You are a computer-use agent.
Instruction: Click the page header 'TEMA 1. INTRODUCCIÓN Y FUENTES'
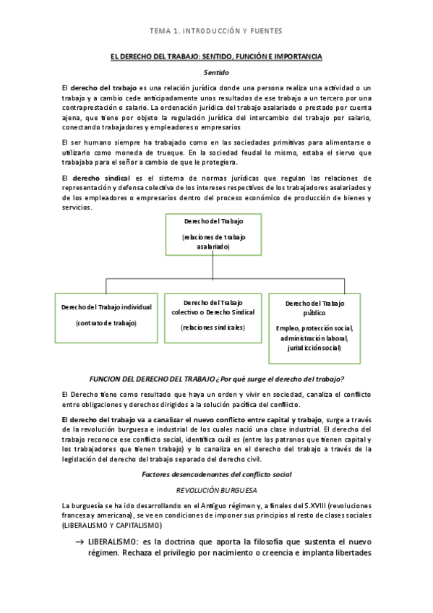(x=216, y=32)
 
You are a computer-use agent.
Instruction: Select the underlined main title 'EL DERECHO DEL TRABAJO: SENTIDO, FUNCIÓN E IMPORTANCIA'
(x=216, y=56)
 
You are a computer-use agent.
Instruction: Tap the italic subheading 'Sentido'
(x=216, y=72)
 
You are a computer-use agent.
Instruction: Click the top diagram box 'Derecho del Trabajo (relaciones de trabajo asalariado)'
(x=213, y=235)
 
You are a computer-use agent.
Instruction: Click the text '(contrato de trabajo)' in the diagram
(x=106, y=322)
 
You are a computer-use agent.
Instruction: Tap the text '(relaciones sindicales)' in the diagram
(x=213, y=327)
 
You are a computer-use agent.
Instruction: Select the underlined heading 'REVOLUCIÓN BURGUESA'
(x=216, y=489)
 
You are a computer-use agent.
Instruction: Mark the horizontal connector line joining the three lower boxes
(x=213, y=278)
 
